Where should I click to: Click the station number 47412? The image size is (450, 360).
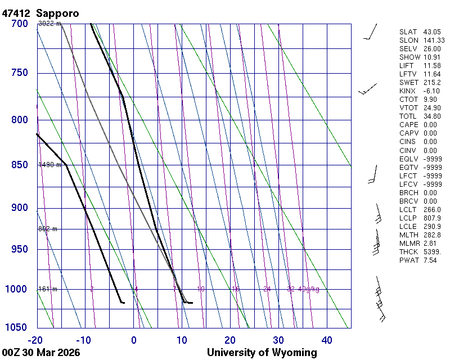17,13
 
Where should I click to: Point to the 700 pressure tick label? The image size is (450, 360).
19,24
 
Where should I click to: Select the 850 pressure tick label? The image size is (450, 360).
19,165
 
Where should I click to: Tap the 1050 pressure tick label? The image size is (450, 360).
17,328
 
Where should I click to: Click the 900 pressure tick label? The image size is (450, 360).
19,208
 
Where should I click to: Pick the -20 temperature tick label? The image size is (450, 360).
36,340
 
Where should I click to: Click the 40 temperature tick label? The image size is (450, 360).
327,340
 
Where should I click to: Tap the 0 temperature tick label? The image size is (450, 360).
134,340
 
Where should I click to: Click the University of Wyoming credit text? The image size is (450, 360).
262,353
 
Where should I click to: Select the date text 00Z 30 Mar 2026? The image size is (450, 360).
41,353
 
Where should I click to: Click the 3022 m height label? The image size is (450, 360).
49,24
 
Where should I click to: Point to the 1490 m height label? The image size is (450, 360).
49,165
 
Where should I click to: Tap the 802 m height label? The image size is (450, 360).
48,229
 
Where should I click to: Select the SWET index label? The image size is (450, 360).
409,83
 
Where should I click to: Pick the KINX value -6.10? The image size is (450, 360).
432,91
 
